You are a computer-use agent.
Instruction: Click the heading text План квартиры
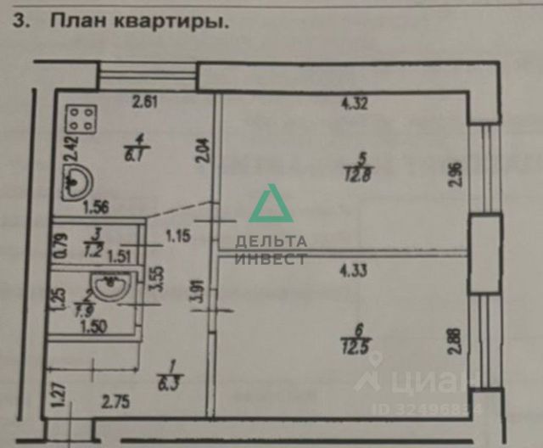[141, 23]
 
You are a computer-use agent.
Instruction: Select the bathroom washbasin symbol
[109, 288]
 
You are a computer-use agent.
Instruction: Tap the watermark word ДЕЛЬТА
[271, 243]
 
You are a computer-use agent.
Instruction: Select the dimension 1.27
[58, 398]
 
